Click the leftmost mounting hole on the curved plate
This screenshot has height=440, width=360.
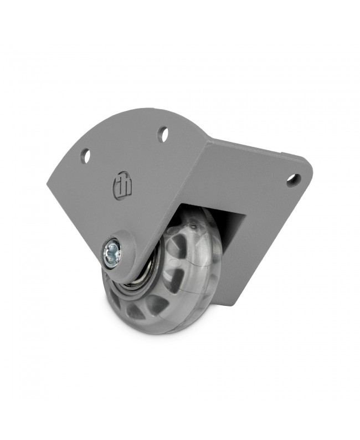(x=85, y=156)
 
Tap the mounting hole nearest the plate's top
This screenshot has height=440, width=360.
(x=163, y=134)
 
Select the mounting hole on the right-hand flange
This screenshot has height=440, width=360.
(x=294, y=180)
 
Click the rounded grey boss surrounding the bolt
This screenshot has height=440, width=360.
(x=119, y=258)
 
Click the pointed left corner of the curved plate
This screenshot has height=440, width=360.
(x=49, y=186)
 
